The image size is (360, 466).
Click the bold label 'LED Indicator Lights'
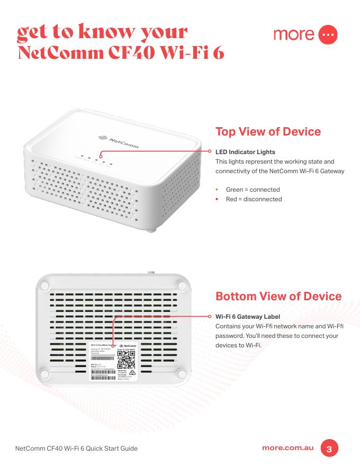coord(245,153)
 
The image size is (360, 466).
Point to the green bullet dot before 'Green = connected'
coord(217,190)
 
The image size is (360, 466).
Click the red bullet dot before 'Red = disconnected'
coord(217,199)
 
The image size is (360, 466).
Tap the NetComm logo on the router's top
coord(116,138)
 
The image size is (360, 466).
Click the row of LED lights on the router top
coord(95,158)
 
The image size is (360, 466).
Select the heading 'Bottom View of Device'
coord(278,295)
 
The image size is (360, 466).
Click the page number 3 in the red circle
coord(329,449)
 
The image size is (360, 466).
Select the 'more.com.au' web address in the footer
coord(288,448)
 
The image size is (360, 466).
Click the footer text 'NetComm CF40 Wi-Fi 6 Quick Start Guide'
coord(77,449)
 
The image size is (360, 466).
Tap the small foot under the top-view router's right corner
coord(152,229)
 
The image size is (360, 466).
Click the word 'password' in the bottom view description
coord(229,336)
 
